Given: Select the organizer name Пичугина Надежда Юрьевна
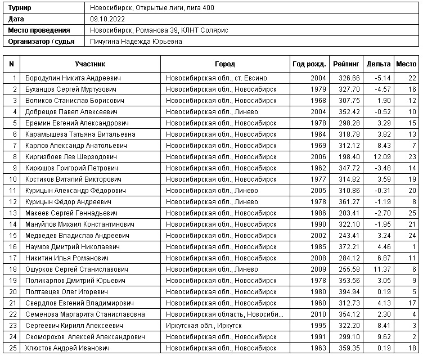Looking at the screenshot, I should [x=136, y=42].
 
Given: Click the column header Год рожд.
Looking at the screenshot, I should [x=309, y=64].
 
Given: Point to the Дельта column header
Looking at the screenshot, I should [x=378, y=64].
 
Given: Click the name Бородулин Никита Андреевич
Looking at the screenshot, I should [x=73, y=78].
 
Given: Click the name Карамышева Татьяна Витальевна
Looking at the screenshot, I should [x=80, y=134].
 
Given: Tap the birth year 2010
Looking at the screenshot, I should [x=318, y=314].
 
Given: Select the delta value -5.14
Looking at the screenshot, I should [x=382, y=78].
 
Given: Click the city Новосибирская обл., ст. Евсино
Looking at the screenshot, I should [x=216, y=78].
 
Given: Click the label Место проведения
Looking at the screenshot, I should [x=39, y=30].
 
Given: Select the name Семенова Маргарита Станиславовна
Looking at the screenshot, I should [x=85, y=314].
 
